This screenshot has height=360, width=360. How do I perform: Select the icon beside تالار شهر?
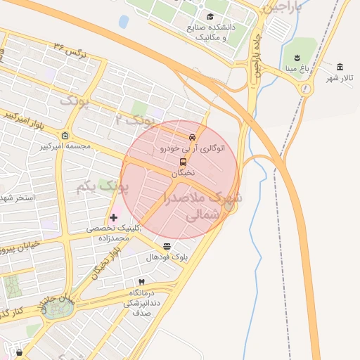[x=340, y=67]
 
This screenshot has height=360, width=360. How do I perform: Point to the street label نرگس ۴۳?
[x=68, y=49]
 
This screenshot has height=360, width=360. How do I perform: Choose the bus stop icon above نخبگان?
[x=184, y=162]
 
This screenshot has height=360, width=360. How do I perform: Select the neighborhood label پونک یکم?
[x=103, y=188]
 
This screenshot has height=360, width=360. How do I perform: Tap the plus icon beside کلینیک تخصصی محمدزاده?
[x=113, y=217]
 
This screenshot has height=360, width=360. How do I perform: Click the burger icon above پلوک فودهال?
[x=167, y=247]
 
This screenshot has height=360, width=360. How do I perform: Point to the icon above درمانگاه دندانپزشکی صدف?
[x=141, y=281]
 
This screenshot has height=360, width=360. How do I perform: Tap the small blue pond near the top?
[x=124, y=22]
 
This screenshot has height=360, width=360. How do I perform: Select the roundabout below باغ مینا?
[x=305, y=89]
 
